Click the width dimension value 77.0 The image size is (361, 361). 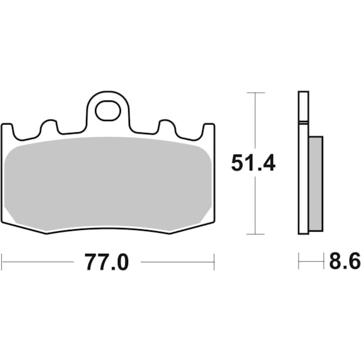coord(106,262)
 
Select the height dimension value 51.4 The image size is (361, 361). coord(253,162)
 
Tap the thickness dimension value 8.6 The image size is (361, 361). coord(344,262)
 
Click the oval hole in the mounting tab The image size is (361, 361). coord(108,111)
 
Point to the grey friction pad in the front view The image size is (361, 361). coord(108,184)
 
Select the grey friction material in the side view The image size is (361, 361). coord(316,184)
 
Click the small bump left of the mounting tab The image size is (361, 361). coord(49,126)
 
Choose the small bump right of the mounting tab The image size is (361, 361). coord(167,126)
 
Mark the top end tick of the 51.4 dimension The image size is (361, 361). coord(256,93)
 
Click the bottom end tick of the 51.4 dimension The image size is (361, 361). coord(256,234)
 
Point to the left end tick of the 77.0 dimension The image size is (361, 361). coord(2,262)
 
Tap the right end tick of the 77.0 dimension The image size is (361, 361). coord(214,262)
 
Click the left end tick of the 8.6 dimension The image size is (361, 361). coord(299,262)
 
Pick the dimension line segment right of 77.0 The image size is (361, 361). coord(177,262)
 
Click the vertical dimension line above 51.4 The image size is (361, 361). coord(256,120)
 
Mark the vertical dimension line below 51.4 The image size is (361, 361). coord(256,205)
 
